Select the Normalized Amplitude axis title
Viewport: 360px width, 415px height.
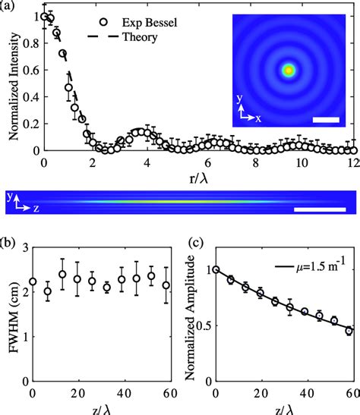[193, 317]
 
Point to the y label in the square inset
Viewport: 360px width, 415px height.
[237, 99]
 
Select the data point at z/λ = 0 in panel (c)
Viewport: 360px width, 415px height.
[216, 269]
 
